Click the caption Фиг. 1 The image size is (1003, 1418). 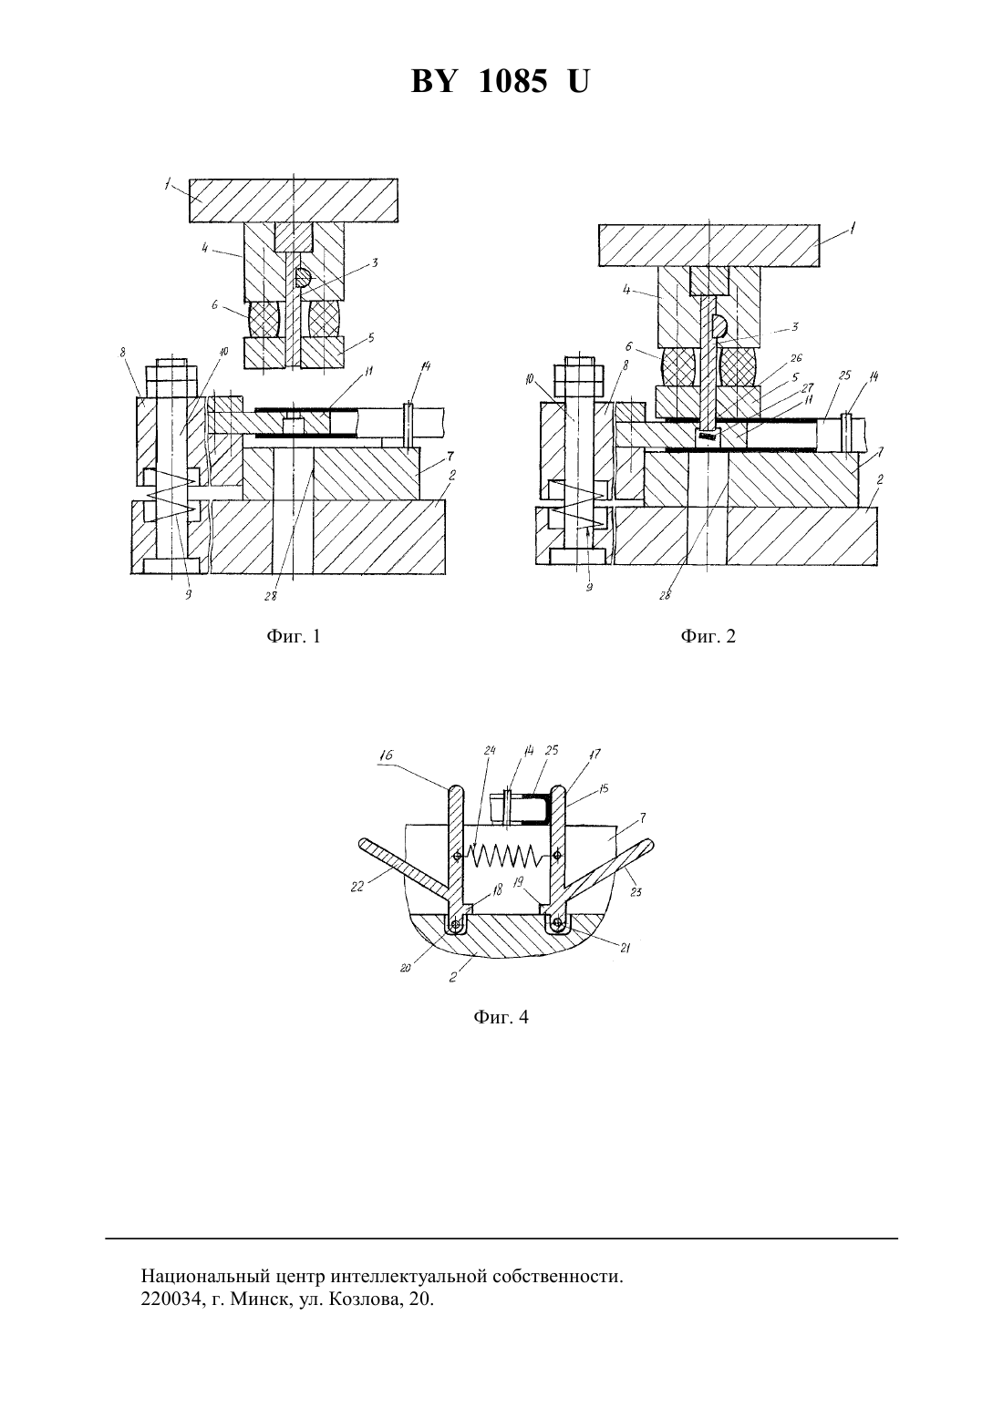(x=294, y=636)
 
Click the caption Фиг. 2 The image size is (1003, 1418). (x=708, y=636)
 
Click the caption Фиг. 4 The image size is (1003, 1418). (x=501, y=1017)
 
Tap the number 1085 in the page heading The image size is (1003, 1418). (x=512, y=82)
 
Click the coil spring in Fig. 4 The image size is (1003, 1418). (x=504, y=856)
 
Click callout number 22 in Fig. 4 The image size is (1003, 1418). (x=357, y=886)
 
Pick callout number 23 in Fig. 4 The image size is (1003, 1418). (x=636, y=892)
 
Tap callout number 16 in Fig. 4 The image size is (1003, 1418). (x=387, y=755)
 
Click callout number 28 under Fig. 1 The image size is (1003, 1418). (x=272, y=596)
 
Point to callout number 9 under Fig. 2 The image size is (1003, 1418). (x=589, y=588)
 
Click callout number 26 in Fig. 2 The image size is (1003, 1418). (x=796, y=358)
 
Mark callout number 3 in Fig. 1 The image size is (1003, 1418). (x=375, y=262)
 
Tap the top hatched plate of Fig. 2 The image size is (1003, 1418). (x=708, y=245)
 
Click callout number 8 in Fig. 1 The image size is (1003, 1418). (x=122, y=353)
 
